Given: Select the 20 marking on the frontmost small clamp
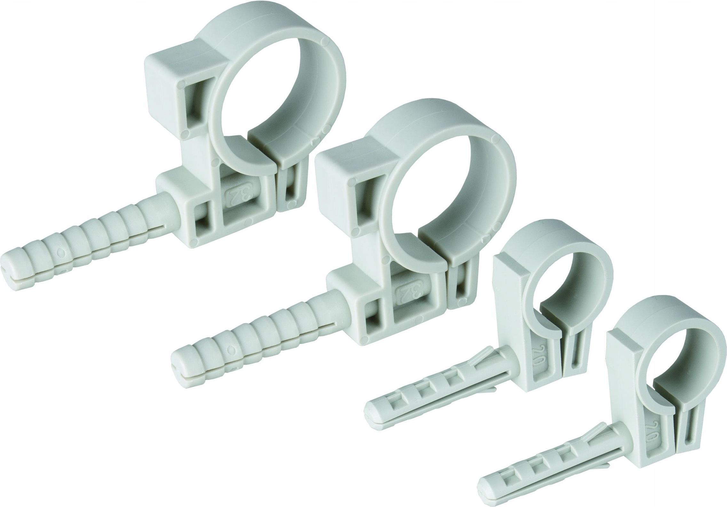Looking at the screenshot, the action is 648,428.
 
